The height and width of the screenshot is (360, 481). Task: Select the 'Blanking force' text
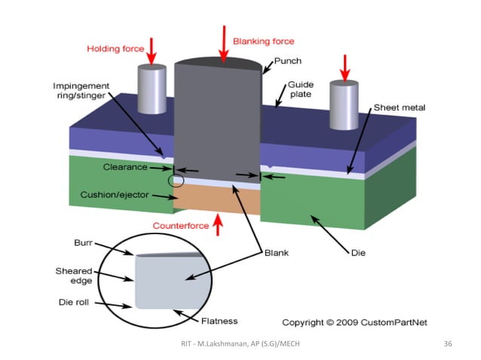pos(263,41)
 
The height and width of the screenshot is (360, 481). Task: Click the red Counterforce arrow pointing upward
pos(218,223)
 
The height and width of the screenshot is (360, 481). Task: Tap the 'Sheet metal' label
pos(400,108)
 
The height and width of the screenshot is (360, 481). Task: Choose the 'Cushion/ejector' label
pos(115,195)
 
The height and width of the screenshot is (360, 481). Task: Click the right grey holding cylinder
pos(344,102)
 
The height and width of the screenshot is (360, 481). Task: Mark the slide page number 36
pos(448,344)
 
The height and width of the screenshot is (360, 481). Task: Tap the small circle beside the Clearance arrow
pos(176,181)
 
